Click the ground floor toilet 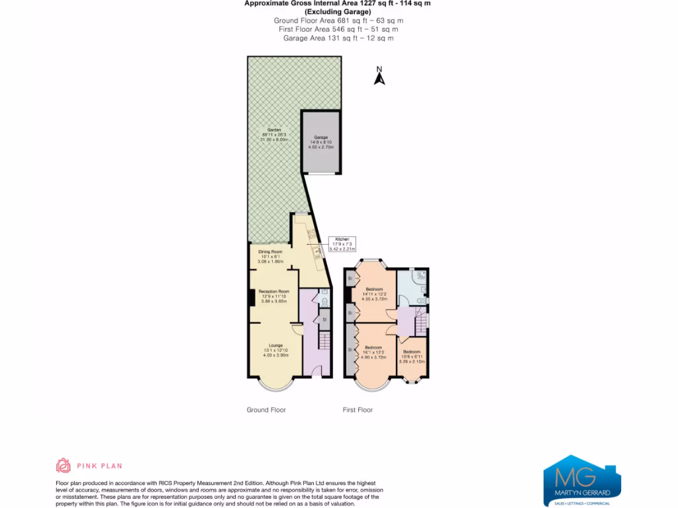[324, 301]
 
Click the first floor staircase [420, 325]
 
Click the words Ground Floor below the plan [266, 410]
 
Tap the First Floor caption [358, 410]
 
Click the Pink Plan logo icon [63, 466]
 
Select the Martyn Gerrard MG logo [582, 480]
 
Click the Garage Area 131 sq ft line [338, 38]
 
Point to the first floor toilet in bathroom [421, 300]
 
